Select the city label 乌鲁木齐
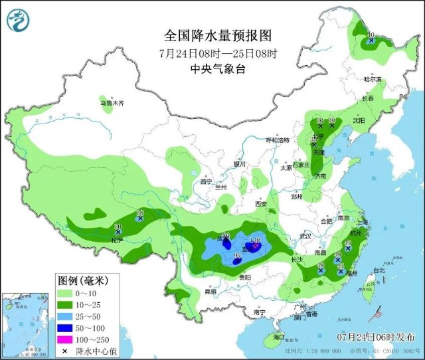[112, 104]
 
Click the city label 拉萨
[118, 240]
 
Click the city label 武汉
[305, 236]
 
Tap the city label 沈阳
[377, 121]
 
